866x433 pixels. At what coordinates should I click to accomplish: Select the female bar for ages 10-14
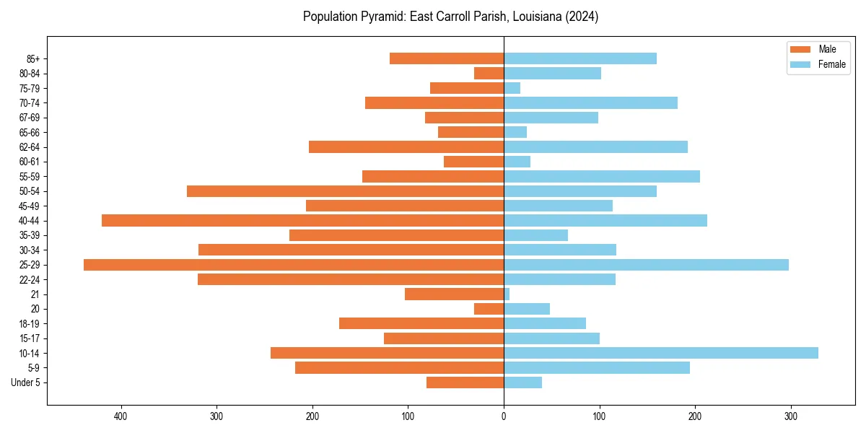pyautogui.click(x=661, y=353)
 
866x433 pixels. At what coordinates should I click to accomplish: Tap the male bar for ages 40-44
pyautogui.click(x=302, y=221)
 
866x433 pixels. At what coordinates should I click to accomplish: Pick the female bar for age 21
pyautogui.click(x=507, y=294)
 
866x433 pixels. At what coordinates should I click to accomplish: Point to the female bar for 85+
pyautogui.click(x=580, y=58)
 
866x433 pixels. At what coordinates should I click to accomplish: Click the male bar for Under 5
pyautogui.click(x=465, y=382)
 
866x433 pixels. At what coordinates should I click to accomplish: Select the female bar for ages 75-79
pyautogui.click(x=512, y=88)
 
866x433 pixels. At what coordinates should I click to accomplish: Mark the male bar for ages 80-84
pyautogui.click(x=489, y=74)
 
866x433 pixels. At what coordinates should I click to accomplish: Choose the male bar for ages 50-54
pyautogui.click(x=345, y=191)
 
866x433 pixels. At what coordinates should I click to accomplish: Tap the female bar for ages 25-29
pyautogui.click(x=646, y=265)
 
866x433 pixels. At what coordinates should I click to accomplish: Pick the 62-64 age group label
pyautogui.click(x=30, y=147)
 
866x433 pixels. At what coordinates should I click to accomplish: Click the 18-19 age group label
pyautogui.click(x=30, y=324)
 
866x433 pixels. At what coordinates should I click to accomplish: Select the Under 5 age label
pyautogui.click(x=25, y=382)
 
